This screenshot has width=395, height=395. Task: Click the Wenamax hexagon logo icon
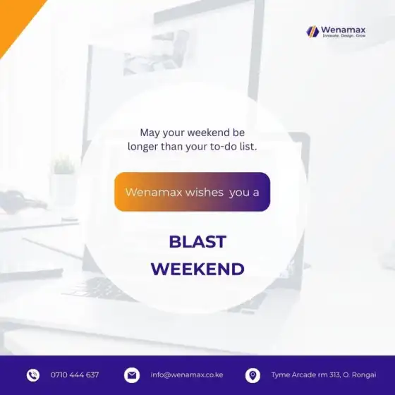pyautogui.click(x=312, y=32)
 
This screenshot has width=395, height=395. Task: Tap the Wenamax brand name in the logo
pyautogui.click(x=343, y=30)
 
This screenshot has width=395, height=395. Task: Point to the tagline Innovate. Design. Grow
pyautogui.click(x=344, y=36)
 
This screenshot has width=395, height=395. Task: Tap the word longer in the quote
pyautogui.click(x=142, y=147)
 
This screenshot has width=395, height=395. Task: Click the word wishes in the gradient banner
pyautogui.click(x=205, y=193)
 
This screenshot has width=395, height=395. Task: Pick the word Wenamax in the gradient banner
pyautogui.click(x=154, y=193)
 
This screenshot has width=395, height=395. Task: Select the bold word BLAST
pyautogui.click(x=197, y=242)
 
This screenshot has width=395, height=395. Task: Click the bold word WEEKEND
pyautogui.click(x=197, y=269)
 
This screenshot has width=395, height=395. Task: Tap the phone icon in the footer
pyautogui.click(x=33, y=375)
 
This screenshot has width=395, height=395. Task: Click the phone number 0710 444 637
pyautogui.click(x=75, y=375)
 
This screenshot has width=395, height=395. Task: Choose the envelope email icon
pyautogui.click(x=132, y=375)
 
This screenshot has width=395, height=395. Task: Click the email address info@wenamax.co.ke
pyautogui.click(x=187, y=375)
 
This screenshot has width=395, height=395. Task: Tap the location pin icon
pyautogui.click(x=253, y=375)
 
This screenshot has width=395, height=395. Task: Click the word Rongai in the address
pyautogui.click(x=364, y=375)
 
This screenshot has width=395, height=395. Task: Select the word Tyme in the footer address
pyautogui.click(x=279, y=375)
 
